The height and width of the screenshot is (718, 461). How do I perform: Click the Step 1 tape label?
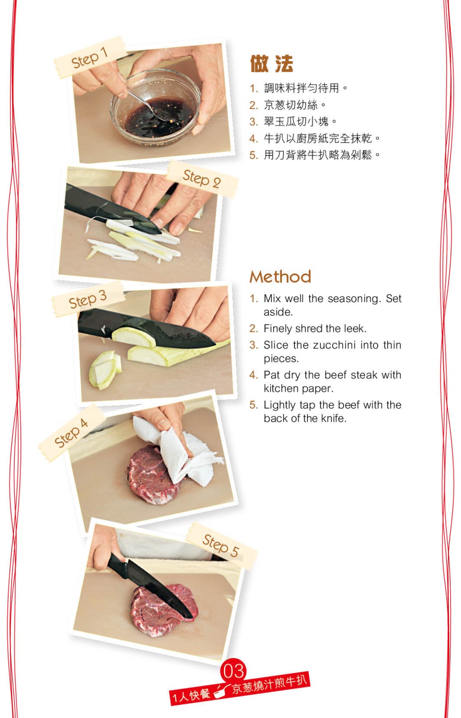[90, 57]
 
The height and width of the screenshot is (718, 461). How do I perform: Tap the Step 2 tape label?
[202, 179]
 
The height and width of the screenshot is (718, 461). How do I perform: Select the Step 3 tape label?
[88, 299]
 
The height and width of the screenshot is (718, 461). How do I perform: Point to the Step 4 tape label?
[72, 433]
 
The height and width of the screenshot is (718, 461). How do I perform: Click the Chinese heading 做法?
[271, 64]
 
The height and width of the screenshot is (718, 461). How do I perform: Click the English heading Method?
[280, 277]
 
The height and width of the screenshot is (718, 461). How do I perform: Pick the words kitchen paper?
[298, 388]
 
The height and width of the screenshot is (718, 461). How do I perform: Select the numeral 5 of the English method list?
[253, 405]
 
